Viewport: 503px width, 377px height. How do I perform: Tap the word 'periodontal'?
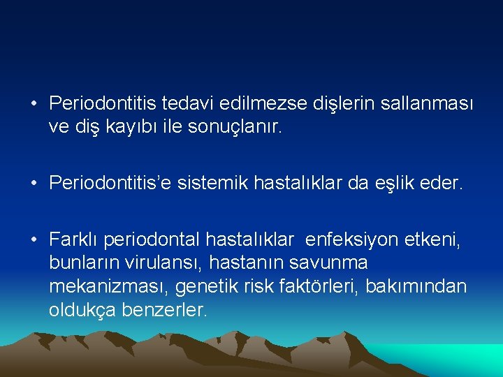coord(151,240)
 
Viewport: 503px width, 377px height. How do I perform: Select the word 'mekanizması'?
coord(108,287)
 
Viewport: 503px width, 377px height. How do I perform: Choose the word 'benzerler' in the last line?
coord(166,310)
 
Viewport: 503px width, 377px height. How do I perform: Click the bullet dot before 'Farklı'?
coord(34,241)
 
